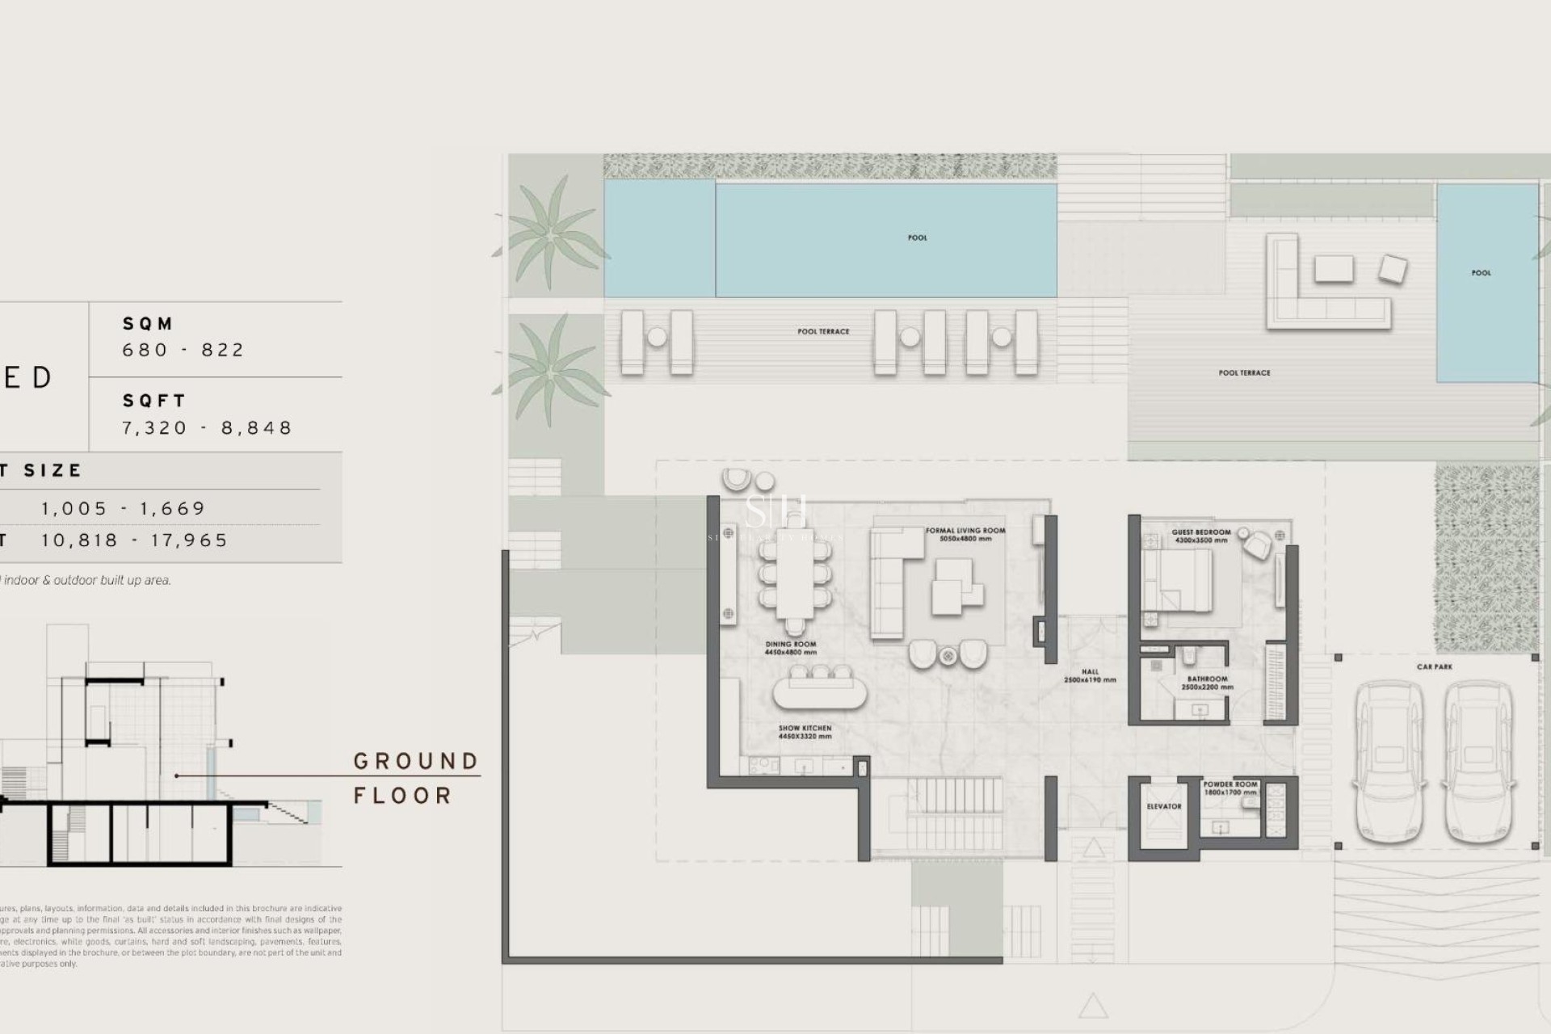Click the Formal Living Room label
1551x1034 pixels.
965,534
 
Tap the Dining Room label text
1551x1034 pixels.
790,648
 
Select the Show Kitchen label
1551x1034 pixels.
805,732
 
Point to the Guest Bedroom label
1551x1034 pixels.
1201,536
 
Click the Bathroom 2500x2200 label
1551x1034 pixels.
1207,683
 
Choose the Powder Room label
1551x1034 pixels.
1229,788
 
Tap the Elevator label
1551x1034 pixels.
1163,806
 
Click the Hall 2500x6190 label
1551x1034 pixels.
1090,675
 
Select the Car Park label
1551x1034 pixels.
1434,666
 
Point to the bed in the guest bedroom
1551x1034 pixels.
1177,580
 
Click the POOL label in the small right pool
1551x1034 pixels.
1481,273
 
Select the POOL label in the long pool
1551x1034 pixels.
917,237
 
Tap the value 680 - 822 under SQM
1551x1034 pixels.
183,350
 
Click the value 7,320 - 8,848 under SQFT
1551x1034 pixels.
207,427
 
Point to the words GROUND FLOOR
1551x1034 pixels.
416,778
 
